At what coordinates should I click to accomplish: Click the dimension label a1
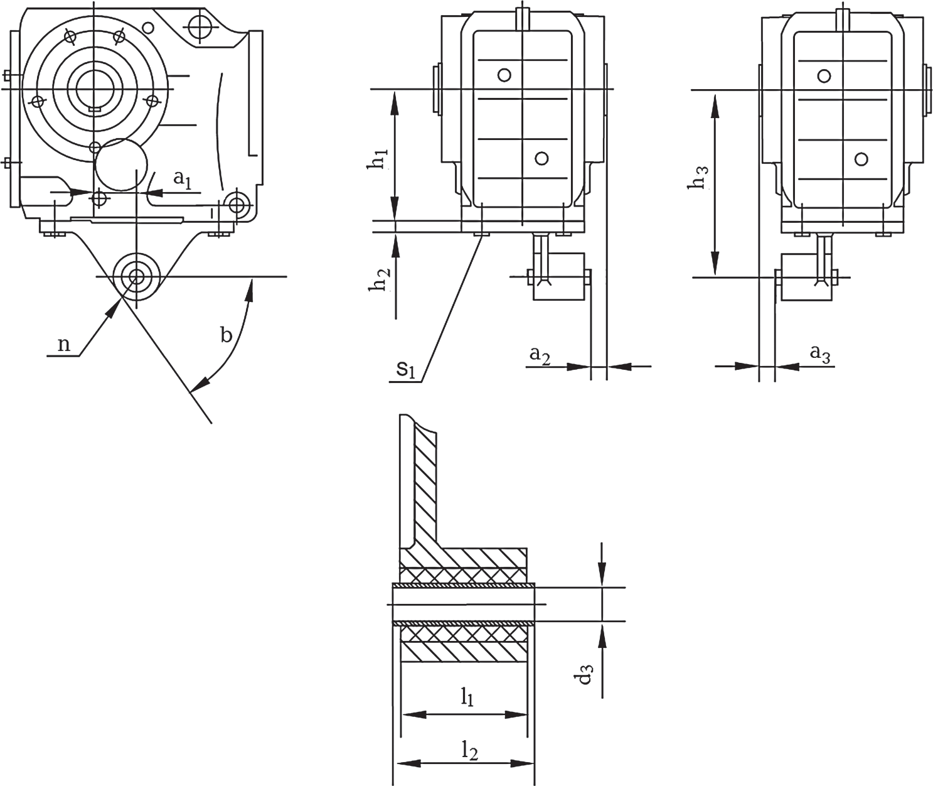click(x=183, y=180)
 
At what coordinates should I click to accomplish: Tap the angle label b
click(x=227, y=335)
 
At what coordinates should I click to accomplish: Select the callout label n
click(x=65, y=345)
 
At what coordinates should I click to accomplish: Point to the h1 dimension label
click(x=378, y=159)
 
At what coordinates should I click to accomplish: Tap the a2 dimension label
click(x=540, y=356)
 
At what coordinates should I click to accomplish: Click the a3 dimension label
click(x=820, y=355)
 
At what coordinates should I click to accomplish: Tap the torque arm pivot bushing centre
click(x=137, y=277)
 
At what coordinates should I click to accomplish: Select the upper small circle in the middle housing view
click(x=504, y=75)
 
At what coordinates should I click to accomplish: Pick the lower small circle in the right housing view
click(x=861, y=159)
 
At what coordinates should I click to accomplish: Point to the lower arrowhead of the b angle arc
click(x=200, y=384)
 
